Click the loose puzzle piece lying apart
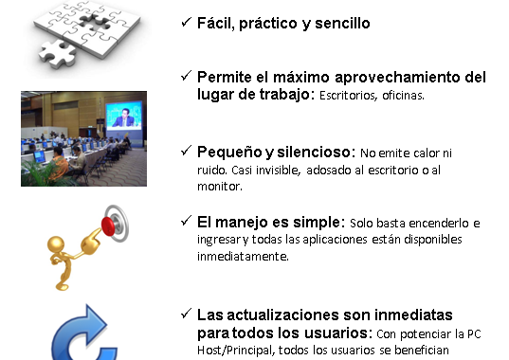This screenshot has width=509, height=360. [58, 54]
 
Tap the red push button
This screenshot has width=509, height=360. [108, 225]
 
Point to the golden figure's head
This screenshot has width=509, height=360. [56, 244]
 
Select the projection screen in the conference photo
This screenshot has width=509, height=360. [124, 116]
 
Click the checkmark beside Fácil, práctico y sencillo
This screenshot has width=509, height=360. [186, 23]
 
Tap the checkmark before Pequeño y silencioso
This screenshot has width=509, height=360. [186, 151]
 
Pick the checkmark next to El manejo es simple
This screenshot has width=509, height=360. [186, 221]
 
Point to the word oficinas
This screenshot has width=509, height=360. [403, 96]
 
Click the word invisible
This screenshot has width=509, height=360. [278, 171]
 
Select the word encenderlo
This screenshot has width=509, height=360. [439, 224]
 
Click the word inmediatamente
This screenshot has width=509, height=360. [243, 257]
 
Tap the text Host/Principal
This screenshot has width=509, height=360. [236, 351]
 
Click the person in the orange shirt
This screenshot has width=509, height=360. [60, 161]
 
